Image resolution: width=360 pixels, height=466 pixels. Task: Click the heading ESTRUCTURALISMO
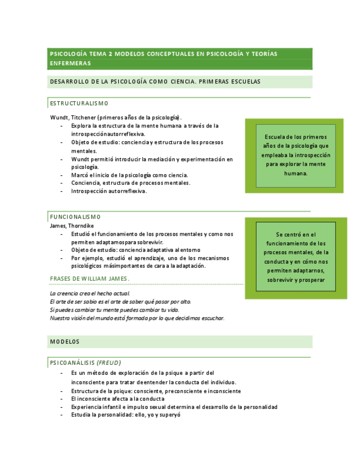[79, 103]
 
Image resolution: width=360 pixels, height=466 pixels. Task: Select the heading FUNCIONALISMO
[75, 217]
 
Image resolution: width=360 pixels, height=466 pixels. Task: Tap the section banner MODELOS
[65, 341]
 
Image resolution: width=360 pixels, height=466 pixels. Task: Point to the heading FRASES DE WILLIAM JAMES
[90, 279]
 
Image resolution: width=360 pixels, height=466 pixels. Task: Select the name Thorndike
[82, 225]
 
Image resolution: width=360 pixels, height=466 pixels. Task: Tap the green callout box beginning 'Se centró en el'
[296, 257]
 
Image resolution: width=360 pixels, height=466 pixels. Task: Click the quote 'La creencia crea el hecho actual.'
[90, 293]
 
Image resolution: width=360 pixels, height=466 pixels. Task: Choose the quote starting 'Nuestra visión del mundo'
[137, 318]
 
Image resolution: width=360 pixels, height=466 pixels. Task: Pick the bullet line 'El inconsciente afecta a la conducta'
[118, 399]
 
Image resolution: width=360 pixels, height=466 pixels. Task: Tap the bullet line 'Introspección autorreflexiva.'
[109, 191]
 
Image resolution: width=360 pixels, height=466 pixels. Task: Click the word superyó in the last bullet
[170, 415]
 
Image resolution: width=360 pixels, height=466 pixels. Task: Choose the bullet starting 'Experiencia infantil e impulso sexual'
[174, 407]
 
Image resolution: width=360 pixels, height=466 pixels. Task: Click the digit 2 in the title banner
[110, 54]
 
